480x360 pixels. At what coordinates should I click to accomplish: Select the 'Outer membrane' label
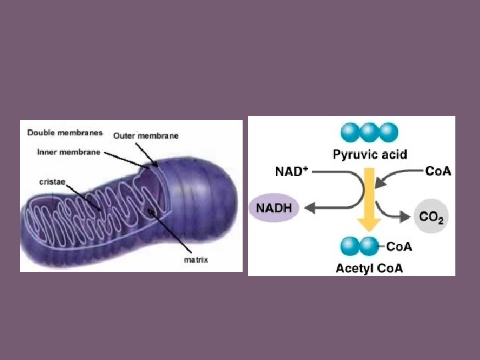pos(146,136)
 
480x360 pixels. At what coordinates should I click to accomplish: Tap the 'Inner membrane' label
pos(69,151)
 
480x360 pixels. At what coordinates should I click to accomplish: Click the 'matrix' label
pos(196,259)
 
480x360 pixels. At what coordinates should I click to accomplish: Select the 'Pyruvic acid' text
pos(369,155)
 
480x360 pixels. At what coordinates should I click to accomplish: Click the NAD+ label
pos(291,171)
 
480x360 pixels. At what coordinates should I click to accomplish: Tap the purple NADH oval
pos(274,208)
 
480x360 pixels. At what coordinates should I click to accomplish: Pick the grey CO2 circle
pos(431,215)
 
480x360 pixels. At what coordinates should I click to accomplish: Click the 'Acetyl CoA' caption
pos(369,268)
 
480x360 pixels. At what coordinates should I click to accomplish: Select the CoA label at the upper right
pos(438,171)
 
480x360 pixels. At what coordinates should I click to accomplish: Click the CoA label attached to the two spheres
pos(399,247)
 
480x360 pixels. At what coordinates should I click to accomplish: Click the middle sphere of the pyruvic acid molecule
pos(369,132)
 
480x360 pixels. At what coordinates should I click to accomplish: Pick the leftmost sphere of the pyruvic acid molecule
pos(351,132)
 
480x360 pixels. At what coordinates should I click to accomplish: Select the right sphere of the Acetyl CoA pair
pos(369,246)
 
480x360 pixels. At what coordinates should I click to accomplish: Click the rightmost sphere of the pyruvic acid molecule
pos(387,132)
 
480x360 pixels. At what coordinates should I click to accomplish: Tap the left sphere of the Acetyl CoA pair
pos(351,246)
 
